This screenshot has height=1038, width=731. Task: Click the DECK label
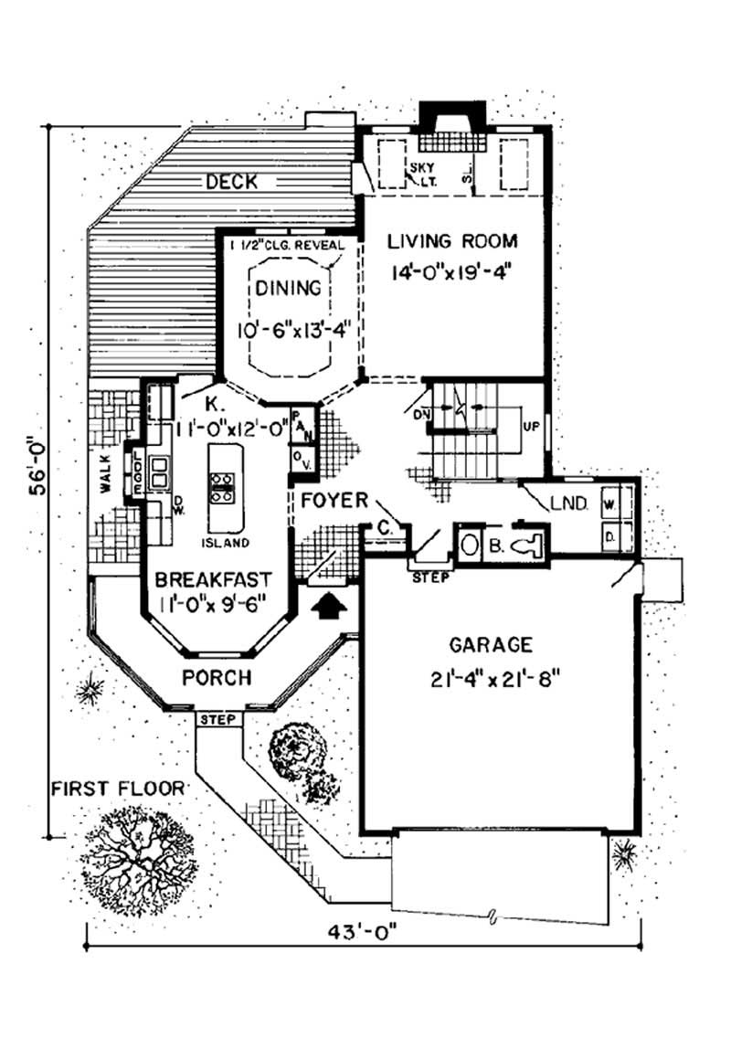click(x=230, y=183)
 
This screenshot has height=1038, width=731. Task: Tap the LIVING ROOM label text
click(x=452, y=242)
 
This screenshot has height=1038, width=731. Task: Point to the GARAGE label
click(x=491, y=645)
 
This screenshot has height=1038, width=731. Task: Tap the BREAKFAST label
click(x=212, y=579)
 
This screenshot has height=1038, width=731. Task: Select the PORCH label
click(x=217, y=678)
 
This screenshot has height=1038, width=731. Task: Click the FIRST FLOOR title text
click(x=116, y=788)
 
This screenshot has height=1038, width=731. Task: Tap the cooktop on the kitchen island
click(x=220, y=487)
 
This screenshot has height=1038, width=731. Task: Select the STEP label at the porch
click(x=218, y=719)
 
